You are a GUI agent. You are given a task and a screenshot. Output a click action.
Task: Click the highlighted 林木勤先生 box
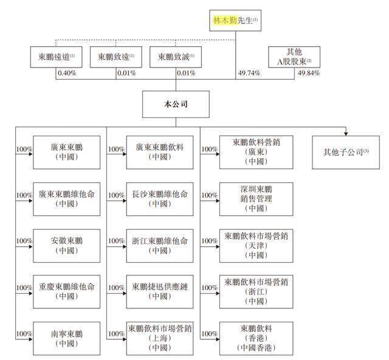(x=235, y=20)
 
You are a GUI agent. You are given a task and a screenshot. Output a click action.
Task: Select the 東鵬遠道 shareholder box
(x=57, y=57)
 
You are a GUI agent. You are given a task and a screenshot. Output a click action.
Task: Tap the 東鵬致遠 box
(x=116, y=57)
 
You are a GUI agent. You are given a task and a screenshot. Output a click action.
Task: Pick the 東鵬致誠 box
(x=176, y=57)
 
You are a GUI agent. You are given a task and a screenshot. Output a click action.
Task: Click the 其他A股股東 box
(x=294, y=57)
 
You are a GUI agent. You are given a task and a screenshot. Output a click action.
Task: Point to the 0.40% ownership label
(x=67, y=73)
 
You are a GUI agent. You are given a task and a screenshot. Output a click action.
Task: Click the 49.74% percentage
(x=249, y=73)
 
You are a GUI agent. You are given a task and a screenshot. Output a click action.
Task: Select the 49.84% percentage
(x=309, y=73)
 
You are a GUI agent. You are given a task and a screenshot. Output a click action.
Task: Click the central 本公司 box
(x=176, y=104)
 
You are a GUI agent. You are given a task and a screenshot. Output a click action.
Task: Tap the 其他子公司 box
(x=346, y=152)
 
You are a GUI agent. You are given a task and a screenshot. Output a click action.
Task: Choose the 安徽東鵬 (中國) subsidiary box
(x=67, y=246)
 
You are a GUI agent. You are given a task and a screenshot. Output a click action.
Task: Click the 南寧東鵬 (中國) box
(x=67, y=338)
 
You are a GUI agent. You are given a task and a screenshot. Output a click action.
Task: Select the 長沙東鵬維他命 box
(x=160, y=199)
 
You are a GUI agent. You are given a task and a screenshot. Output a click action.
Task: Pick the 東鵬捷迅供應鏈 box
(x=160, y=292)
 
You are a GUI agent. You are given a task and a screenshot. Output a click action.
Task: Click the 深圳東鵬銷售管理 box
(x=256, y=199)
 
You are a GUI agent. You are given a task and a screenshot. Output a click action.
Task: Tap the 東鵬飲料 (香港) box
(x=256, y=338)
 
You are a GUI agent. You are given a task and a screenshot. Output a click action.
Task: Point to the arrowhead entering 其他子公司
(x=346, y=134)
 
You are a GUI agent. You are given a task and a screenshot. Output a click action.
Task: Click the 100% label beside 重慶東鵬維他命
(x=24, y=288)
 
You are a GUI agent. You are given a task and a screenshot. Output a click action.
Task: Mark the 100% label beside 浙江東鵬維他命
(x=116, y=241)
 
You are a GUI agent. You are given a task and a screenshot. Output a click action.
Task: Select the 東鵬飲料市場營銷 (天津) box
(x=256, y=246)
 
